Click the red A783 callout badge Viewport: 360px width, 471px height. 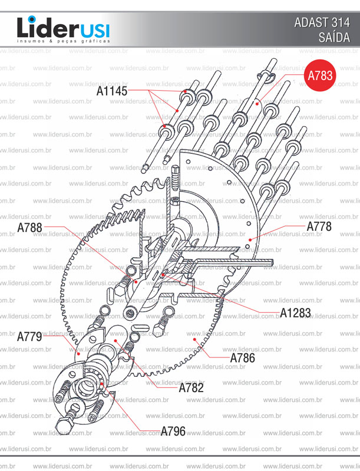click(320, 75)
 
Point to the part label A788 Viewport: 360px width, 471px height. click(29, 227)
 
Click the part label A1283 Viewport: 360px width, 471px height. click(295, 312)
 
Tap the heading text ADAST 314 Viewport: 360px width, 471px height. click(321, 23)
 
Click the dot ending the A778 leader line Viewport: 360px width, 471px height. click(250, 239)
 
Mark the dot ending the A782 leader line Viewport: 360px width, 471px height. click(116, 341)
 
